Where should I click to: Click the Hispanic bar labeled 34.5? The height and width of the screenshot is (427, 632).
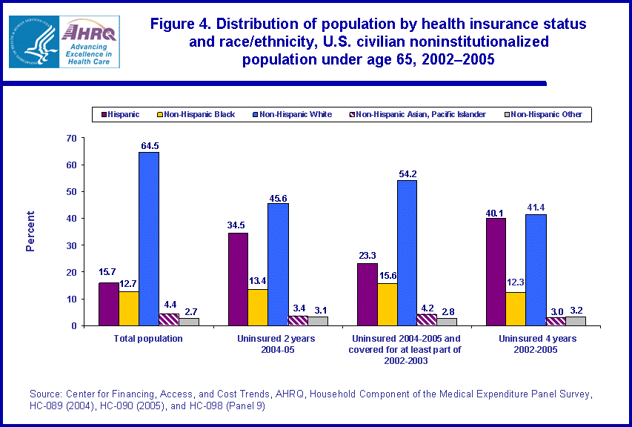238,279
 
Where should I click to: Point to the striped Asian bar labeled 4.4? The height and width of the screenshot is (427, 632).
168,320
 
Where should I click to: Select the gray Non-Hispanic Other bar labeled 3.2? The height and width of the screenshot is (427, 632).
576,321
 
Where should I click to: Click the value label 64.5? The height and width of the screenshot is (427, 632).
148,146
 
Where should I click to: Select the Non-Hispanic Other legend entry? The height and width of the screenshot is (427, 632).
546,114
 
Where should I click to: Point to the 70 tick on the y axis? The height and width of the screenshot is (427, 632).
71,138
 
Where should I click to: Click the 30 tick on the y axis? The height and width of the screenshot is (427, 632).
71,245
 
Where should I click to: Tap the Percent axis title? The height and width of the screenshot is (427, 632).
30,231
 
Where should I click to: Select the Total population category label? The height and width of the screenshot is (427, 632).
149,338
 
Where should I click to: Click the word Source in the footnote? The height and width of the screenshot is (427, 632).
44,392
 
